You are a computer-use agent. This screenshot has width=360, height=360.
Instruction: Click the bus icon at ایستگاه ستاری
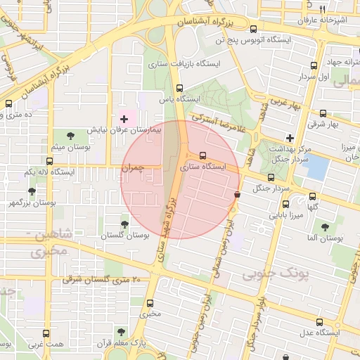click(203, 155)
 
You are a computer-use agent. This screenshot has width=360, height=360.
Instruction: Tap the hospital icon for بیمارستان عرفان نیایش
click(125, 119)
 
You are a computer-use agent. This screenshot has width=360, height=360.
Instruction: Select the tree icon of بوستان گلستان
click(125, 224)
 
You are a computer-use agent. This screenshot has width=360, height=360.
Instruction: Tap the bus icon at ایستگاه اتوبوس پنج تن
click(254, 30)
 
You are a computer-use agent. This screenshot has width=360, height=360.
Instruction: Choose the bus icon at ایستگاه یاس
click(179, 89)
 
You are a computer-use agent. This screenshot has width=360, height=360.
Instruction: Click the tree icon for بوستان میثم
click(70, 135)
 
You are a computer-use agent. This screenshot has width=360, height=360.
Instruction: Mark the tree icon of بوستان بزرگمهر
click(32, 191)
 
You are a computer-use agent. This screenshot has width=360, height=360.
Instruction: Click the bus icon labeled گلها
click(312, 197)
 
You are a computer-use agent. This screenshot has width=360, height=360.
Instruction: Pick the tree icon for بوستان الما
click(324, 227)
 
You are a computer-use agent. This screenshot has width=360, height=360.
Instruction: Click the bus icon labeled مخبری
click(149, 303)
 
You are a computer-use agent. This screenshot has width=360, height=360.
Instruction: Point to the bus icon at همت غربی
click(46, 334)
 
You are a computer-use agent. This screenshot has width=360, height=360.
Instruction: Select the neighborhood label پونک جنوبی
click(275, 273)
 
